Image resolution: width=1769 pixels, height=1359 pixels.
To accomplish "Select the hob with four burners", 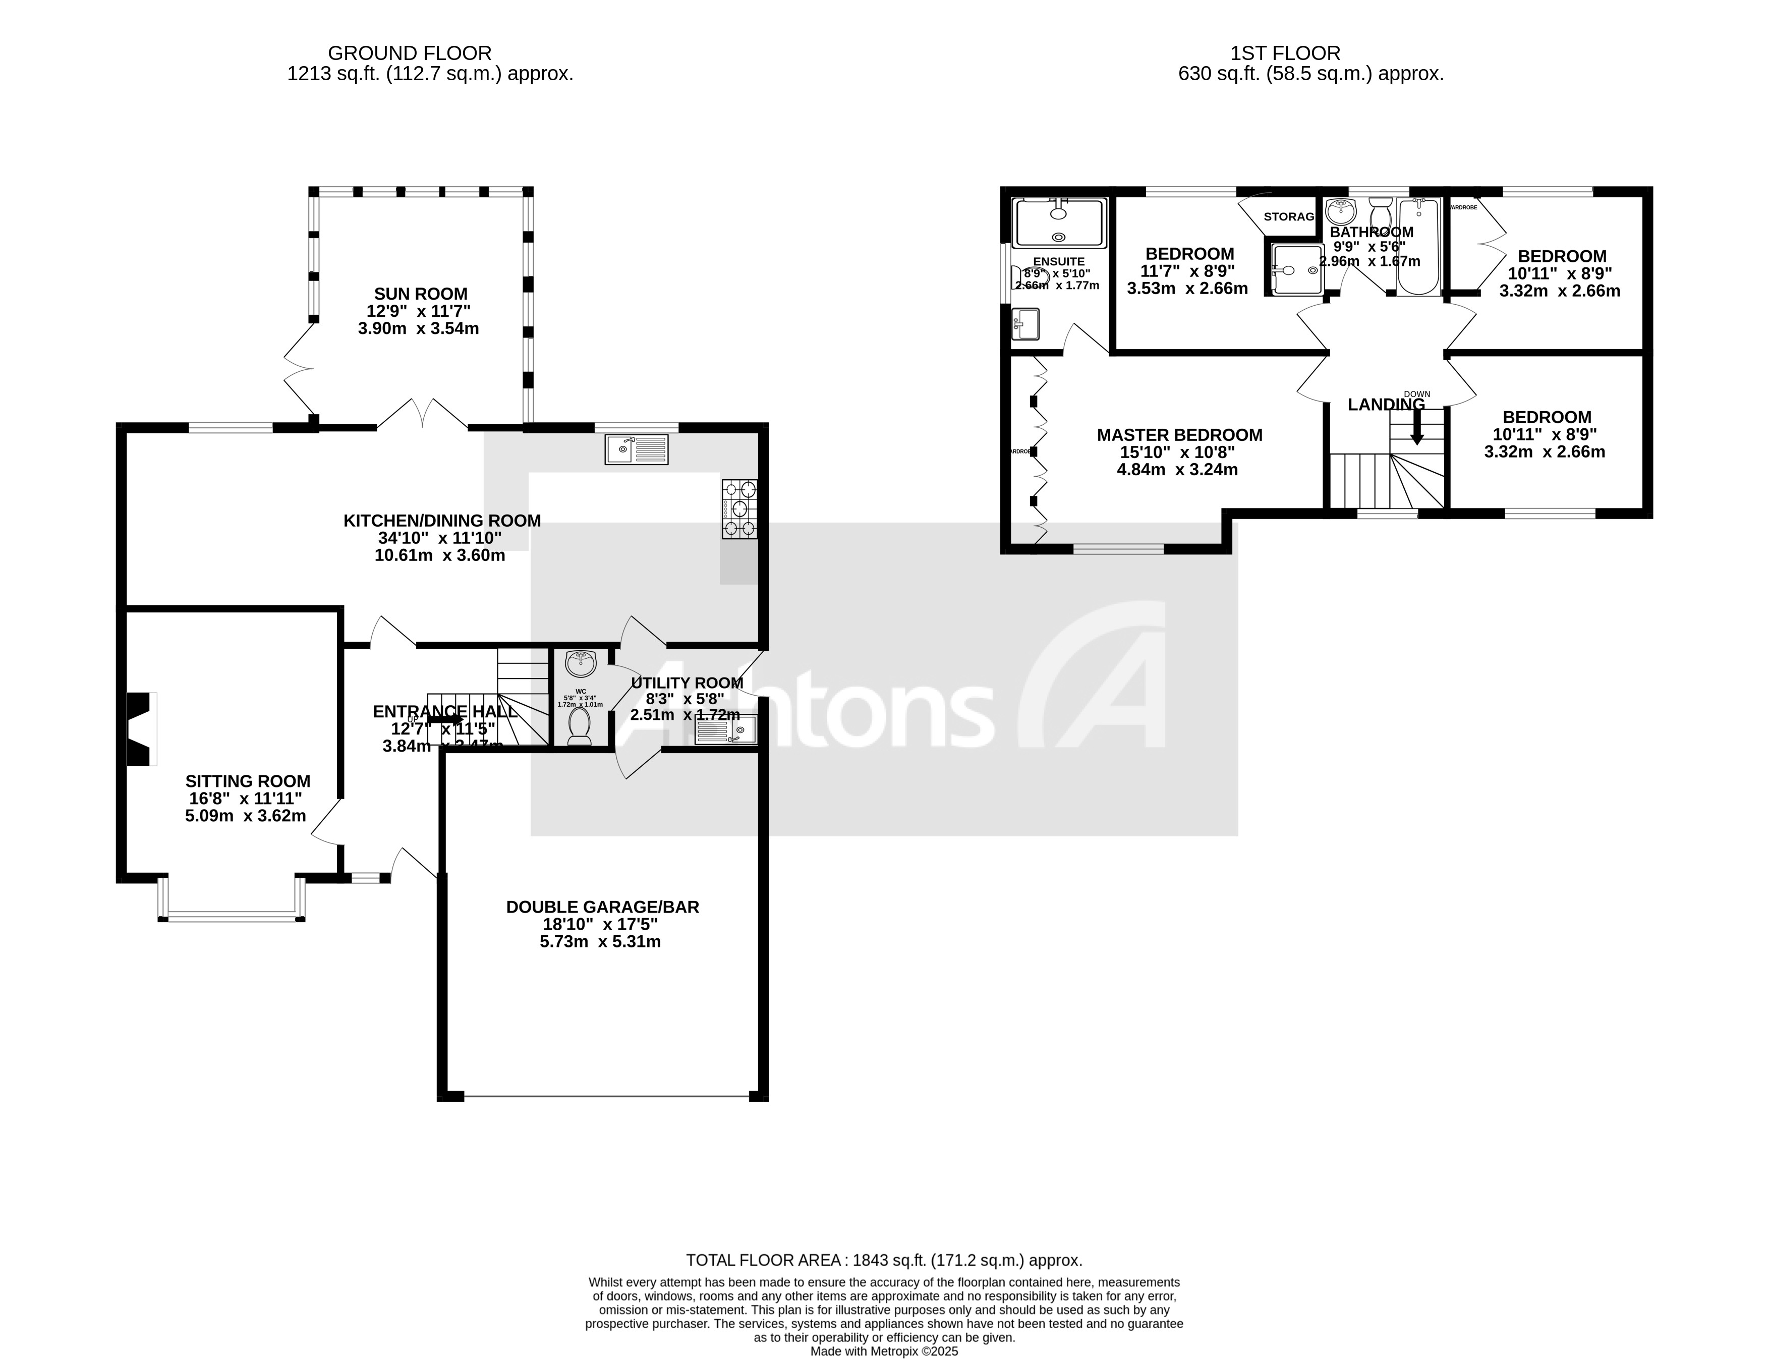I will click(x=739, y=509).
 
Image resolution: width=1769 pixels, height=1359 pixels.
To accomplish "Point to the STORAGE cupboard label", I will click(x=1288, y=217).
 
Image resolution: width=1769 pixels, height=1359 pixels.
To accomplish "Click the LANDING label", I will click(x=1386, y=405).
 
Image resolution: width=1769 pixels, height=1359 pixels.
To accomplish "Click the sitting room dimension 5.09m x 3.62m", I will click(x=245, y=815).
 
